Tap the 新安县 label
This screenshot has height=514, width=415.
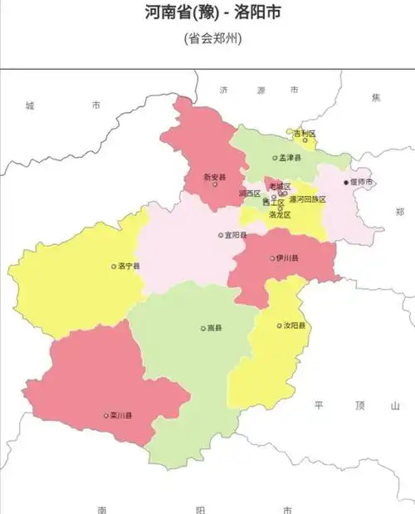click(x=215, y=177)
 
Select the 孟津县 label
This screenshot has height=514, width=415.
click(x=290, y=157)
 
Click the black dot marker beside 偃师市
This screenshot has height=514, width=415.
click(x=346, y=183)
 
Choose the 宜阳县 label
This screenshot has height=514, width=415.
click(x=236, y=235)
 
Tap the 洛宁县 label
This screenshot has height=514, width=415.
click(x=129, y=267)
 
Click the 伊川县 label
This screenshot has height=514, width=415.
click(x=286, y=258)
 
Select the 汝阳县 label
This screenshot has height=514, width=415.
click(x=294, y=326)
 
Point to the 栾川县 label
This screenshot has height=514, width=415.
click(x=121, y=415)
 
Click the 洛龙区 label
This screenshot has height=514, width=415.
click(x=280, y=214)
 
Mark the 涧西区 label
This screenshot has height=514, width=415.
click(x=249, y=193)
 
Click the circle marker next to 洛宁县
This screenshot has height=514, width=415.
click(x=114, y=267)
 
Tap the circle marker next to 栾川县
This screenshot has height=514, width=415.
click(x=105, y=415)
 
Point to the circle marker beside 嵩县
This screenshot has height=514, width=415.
click(x=203, y=328)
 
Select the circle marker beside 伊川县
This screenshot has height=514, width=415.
click(x=271, y=258)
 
